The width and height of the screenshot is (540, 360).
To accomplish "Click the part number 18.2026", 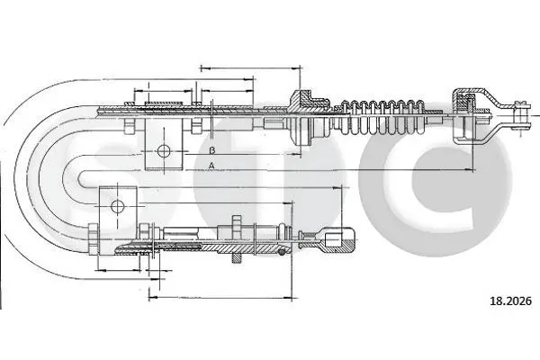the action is click(x=510, y=301).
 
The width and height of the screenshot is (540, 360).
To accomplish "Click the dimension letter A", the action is click(x=211, y=166).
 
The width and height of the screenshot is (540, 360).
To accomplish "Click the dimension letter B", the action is click(x=212, y=150).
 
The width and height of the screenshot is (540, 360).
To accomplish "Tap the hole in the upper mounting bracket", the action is click(x=164, y=150).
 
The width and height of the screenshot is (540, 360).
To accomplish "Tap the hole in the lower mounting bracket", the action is click(x=117, y=206).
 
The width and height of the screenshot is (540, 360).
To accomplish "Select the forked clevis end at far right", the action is click(x=520, y=115).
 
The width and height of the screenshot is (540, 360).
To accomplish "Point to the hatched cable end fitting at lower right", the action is click(x=338, y=241).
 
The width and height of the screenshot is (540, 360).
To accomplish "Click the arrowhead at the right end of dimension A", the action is click(x=471, y=170).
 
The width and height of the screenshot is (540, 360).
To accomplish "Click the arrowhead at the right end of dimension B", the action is click(x=296, y=154).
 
